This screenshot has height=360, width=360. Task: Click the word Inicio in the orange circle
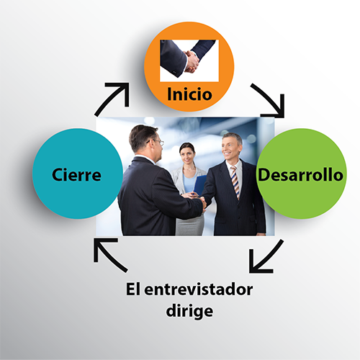click(189, 94)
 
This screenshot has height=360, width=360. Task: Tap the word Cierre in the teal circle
click(76, 175)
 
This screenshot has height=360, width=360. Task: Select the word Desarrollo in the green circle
click(300, 175)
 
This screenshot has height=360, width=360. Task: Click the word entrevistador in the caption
click(199, 289)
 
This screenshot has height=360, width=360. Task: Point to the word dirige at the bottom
click(189, 311)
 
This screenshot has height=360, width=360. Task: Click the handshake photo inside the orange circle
click(189, 60)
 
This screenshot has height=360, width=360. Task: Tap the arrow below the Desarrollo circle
click(264, 258)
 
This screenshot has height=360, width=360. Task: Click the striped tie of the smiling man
click(235, 182)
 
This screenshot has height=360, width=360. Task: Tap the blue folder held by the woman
click(199, 185)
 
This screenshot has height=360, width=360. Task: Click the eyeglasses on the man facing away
click(157, 142)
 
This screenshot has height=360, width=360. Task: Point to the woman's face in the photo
click(187, 155)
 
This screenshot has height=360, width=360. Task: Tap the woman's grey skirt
click(190, 225)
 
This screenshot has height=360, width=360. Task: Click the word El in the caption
click(133, 289)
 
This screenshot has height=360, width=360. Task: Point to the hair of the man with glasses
click(141, 137)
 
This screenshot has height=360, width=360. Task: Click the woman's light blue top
click(189, 181)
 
